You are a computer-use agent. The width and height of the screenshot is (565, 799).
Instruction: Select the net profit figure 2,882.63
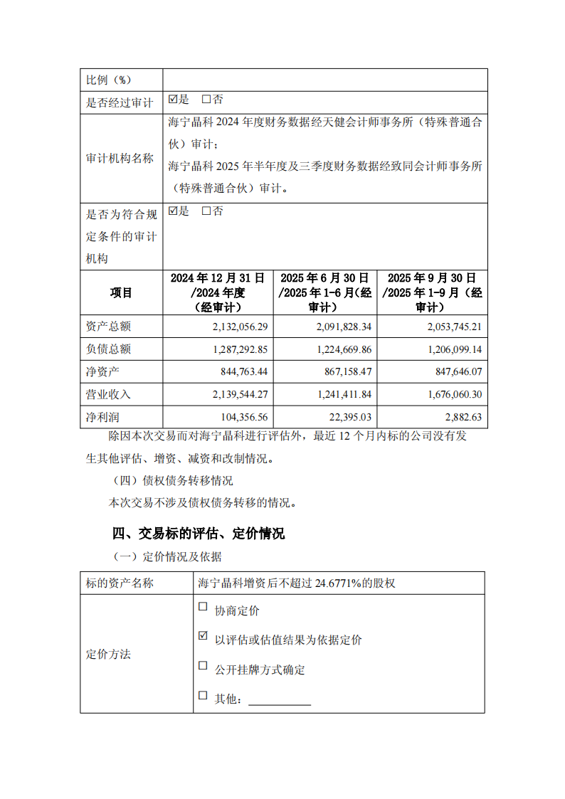(x=459, y=416)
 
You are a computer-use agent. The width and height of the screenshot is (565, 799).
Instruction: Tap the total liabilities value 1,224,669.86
(x=337, y=349)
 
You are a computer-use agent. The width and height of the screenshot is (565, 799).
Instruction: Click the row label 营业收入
(x=109, y=394)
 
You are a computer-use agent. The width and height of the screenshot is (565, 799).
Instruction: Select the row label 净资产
(x=103, y=371)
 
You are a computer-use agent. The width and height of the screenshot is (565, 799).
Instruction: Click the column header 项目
(x=121, y=292)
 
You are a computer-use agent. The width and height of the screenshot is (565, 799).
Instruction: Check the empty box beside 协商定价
(x=203, y=607)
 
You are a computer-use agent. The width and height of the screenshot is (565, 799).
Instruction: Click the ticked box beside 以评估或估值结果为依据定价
(x=203, y=636)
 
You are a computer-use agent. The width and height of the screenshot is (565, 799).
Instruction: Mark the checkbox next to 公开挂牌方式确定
(x=203, y=666)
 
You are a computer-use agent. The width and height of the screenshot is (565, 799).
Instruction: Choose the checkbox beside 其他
(x=203, y=695)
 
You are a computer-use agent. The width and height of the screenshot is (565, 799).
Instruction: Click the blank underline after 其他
(x=279, y=701)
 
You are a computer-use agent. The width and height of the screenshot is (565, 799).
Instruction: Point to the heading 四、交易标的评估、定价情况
(x=199, y=533)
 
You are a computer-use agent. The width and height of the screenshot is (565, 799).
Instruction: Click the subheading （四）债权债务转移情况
(x=174, y=480)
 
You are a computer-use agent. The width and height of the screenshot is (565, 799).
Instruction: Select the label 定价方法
(x=108, y=654)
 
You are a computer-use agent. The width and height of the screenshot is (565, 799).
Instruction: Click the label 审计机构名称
(x=120, y=159)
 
